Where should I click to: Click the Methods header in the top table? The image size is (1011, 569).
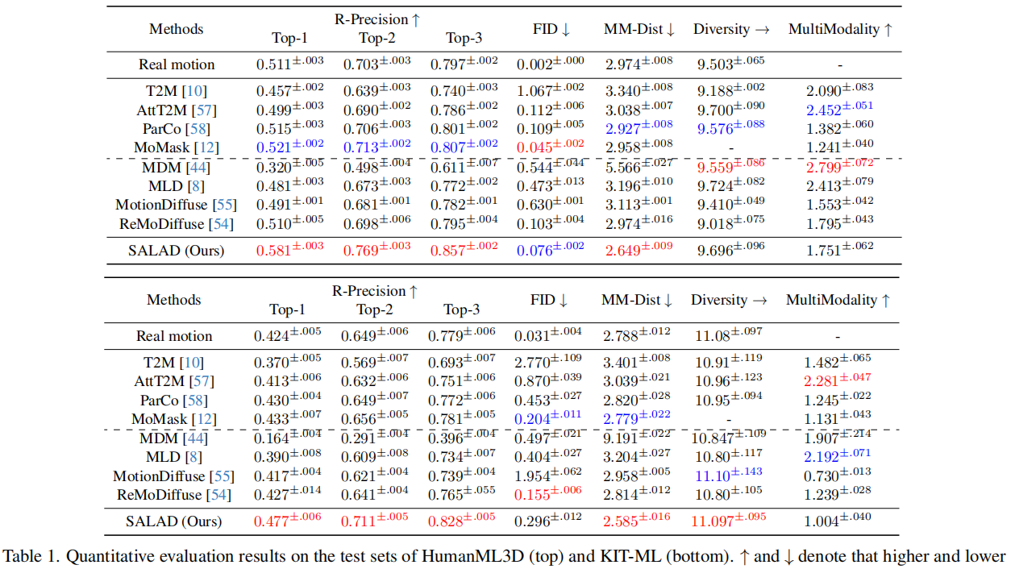pos(176,29)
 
